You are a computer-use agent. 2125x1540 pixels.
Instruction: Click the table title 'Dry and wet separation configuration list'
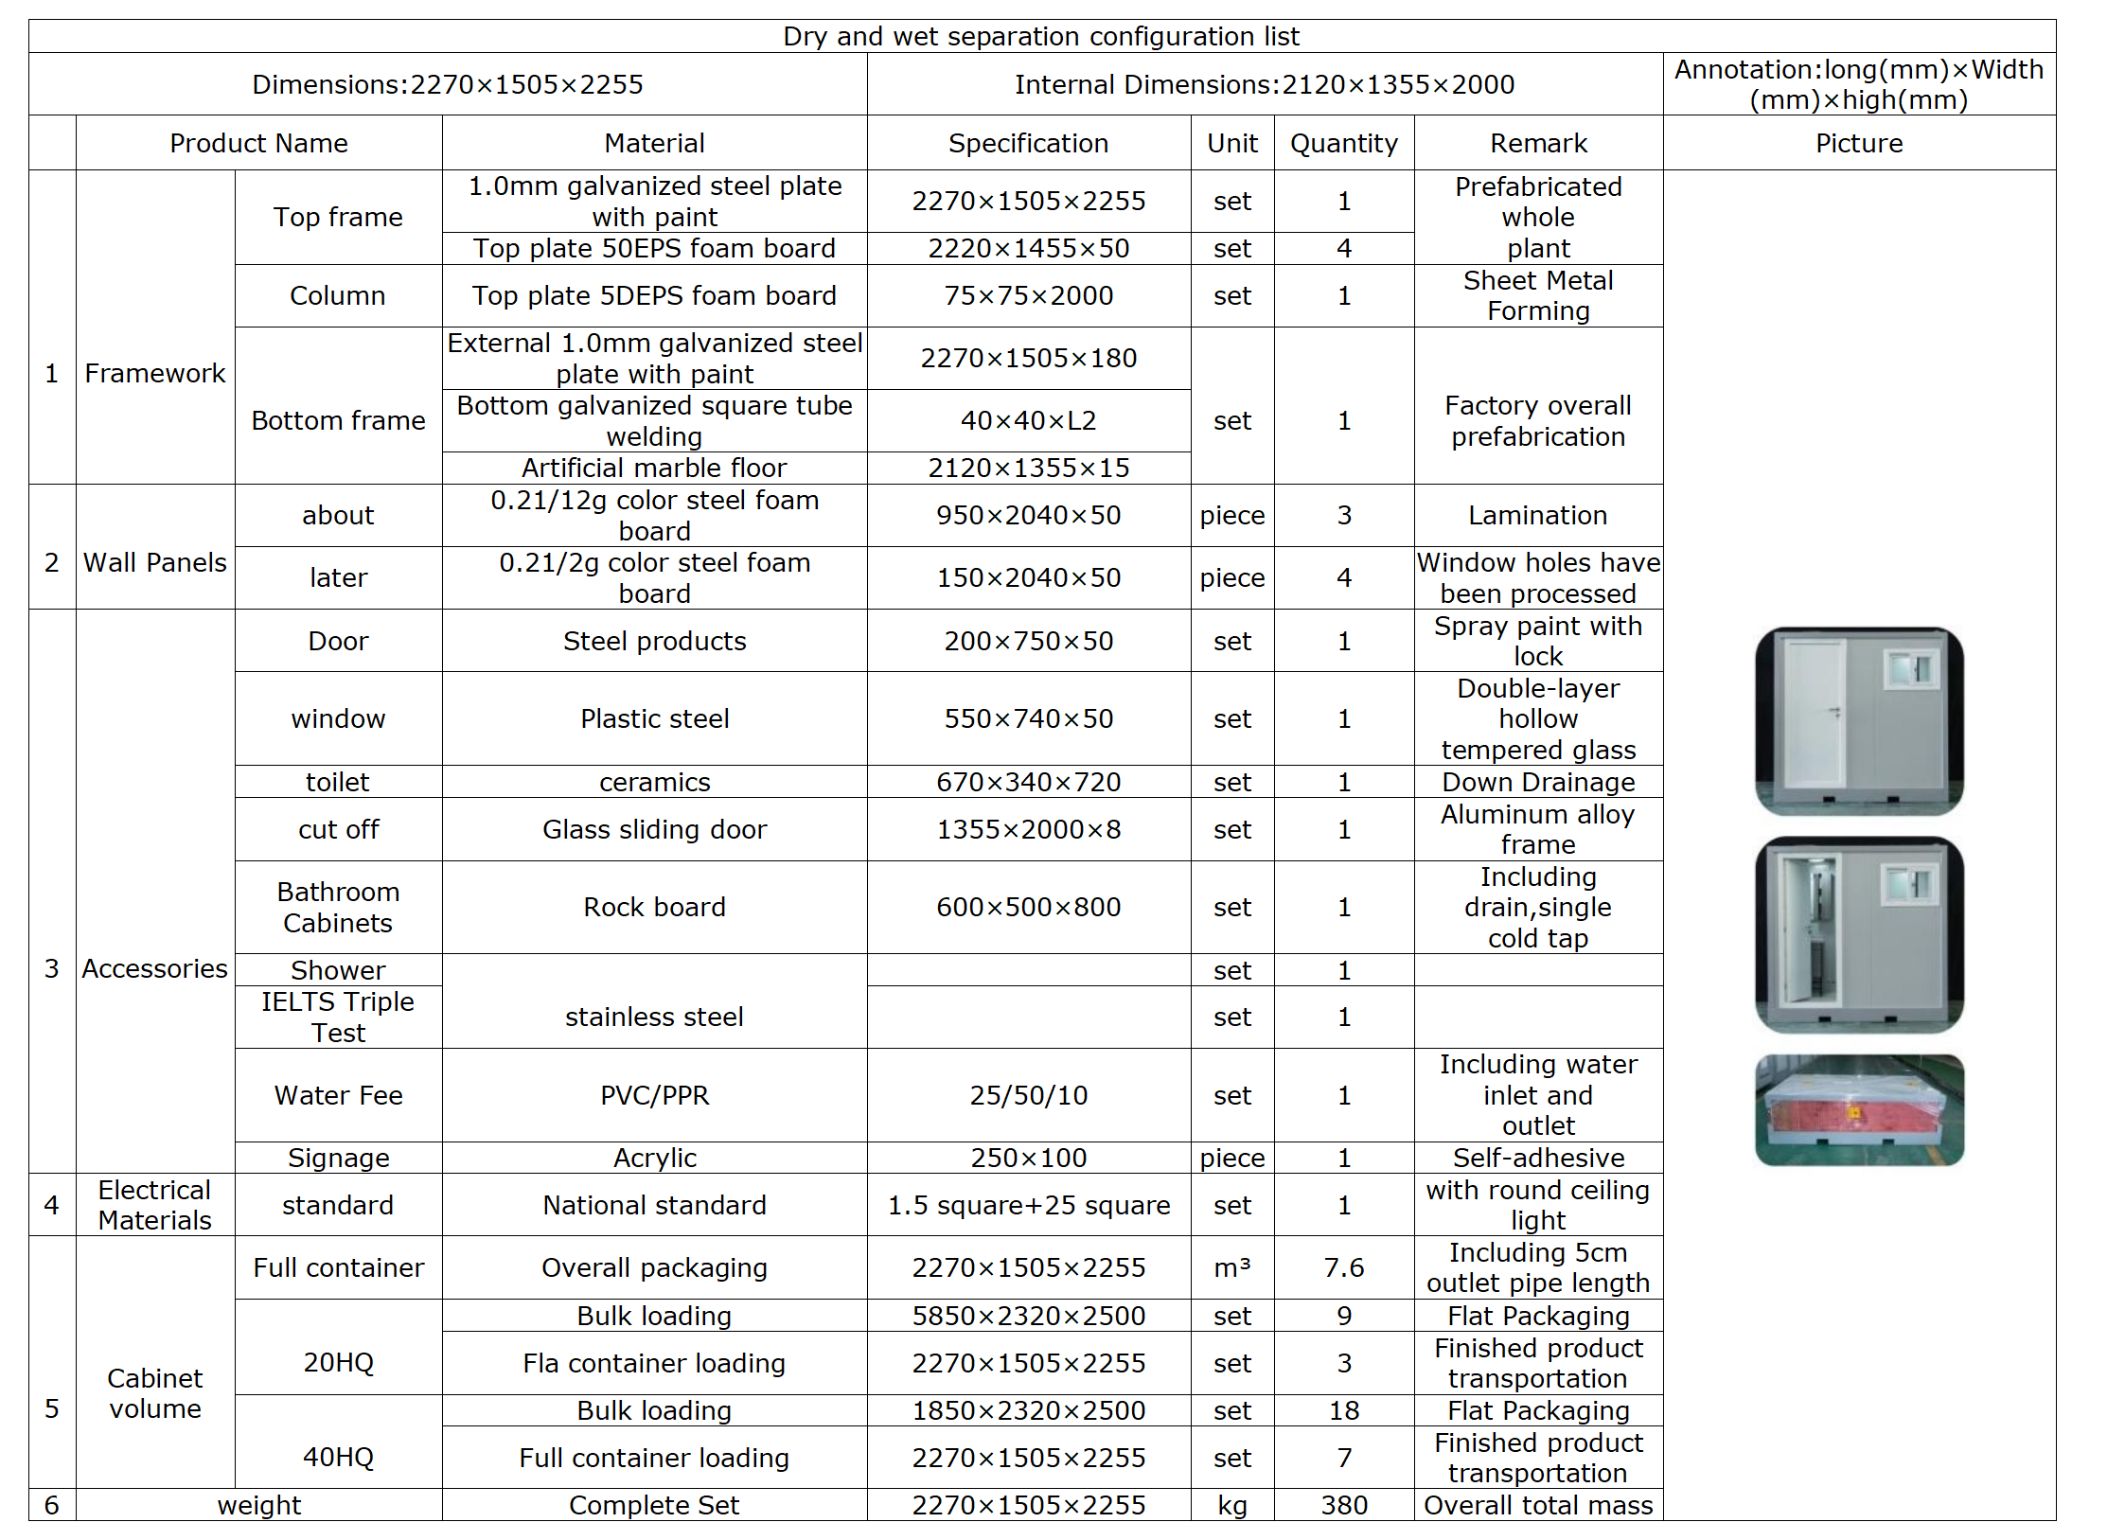tap(1040, 36)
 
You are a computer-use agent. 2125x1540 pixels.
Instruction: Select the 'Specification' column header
tap(1028, 143)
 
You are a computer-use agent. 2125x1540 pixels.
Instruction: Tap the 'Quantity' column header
tap(1343, 143)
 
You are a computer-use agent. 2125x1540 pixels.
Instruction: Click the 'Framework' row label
tap(154, 373)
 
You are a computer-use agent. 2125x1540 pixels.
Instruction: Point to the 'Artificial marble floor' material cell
tap(654, 468)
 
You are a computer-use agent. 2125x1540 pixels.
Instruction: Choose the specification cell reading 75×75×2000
tap(1028, 295)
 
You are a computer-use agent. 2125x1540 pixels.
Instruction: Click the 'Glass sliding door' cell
tap(654, 829)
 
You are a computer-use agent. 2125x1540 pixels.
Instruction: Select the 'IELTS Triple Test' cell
tap(338, 1017)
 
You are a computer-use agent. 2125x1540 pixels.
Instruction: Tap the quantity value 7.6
tap(1343, 1267)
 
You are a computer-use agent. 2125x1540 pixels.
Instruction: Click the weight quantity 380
tap(1343, 1505)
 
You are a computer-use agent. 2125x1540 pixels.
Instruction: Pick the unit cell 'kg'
tap(1231, 1505)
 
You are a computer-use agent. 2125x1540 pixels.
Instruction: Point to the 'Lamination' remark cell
tap(1537, 515)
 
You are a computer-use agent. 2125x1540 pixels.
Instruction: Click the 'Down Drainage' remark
tap(1537, 782)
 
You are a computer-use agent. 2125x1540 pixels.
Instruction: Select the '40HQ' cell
tap(338, 1457)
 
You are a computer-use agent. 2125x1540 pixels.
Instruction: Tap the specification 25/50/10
tap(1028, 1095)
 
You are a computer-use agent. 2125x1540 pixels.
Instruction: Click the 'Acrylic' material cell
tap(654, 1158)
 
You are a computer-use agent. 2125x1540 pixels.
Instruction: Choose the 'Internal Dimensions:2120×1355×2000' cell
tap(1264, 84)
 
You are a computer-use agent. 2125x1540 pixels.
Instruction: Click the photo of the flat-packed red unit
tap(1858, 1110)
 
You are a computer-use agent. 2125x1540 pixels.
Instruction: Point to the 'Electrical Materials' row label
tap(154, 1205)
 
